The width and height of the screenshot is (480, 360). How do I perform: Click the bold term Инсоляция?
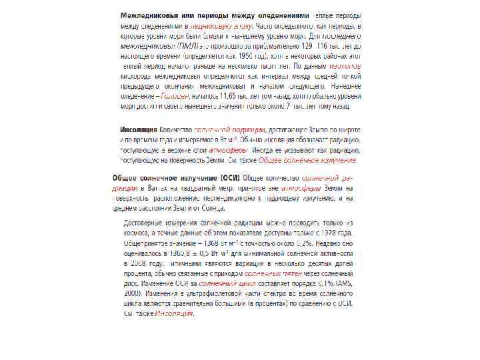click(x=138, y=129)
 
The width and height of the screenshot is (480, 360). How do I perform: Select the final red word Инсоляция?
click(x=174, y=314)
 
